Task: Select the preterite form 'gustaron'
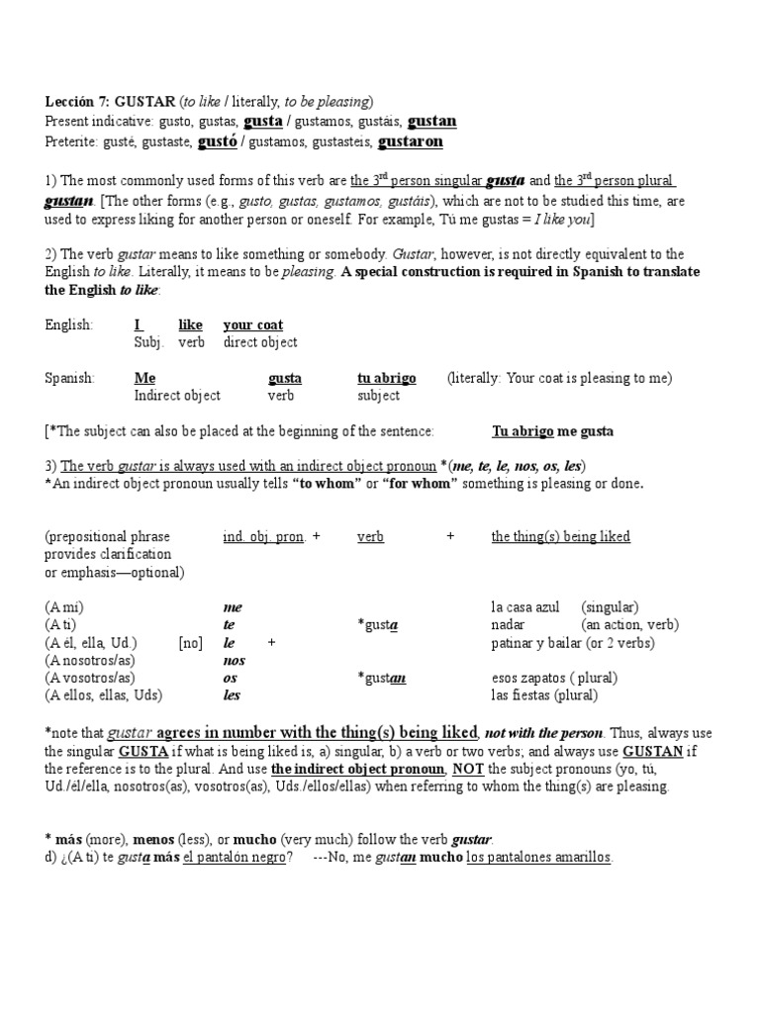coord(411,141)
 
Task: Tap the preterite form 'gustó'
coord(217,141)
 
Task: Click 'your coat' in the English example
coord(252,324)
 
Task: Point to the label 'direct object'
coord(260,342)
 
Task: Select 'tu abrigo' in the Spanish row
coord(386,378)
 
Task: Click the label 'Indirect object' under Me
coord(177,396)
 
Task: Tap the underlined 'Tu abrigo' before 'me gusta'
coord(522,431)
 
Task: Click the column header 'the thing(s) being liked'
coord(560,536)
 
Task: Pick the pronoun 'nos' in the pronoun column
coord(234,660)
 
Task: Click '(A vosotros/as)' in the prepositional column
coord(90,678)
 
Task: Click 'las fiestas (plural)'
coord(544,695)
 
